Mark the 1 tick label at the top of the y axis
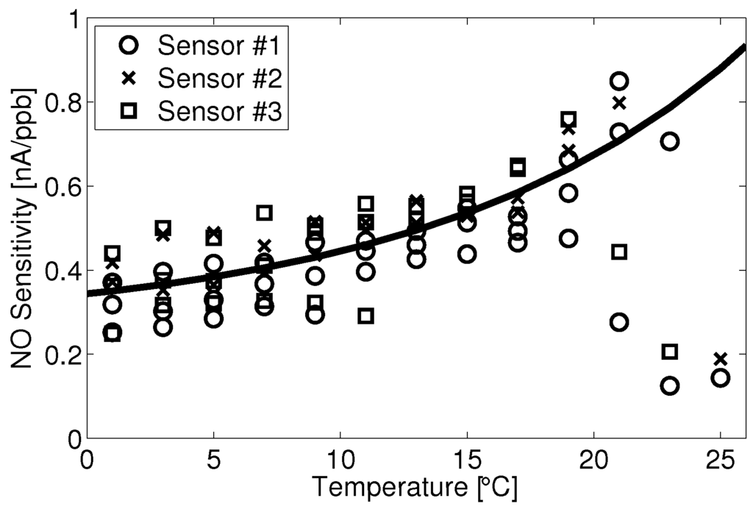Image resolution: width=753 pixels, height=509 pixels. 71,18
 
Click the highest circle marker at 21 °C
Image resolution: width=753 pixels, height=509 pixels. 619,82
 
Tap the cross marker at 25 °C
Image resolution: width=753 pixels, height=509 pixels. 721,359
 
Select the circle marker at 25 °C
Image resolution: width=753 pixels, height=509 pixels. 721,378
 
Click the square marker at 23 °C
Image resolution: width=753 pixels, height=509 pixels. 670,352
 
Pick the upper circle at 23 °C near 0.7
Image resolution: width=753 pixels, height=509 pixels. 670,141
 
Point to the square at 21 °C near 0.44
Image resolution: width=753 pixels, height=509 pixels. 619,252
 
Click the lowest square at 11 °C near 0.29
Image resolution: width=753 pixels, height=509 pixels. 365,316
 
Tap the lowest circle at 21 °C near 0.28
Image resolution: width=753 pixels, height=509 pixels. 619,322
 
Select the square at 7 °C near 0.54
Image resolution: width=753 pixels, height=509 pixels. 264,213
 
